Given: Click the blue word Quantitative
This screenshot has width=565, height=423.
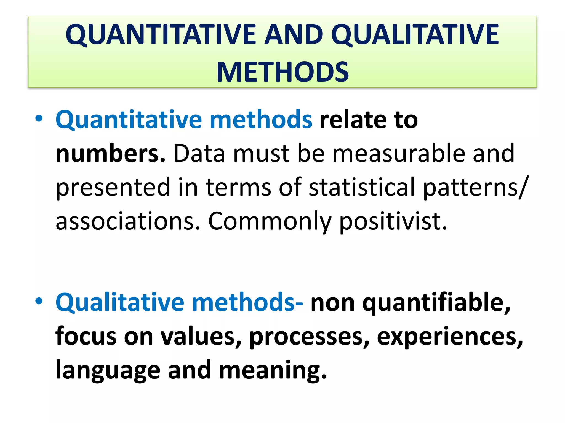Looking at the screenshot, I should tap(129, 120).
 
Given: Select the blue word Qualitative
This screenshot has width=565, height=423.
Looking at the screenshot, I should tap(120, 303).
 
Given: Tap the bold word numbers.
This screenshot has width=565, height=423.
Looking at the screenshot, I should tap(110, 153).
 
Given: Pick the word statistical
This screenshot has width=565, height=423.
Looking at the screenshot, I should tap(362, 187).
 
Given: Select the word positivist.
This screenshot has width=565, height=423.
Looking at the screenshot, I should tap(393, 222).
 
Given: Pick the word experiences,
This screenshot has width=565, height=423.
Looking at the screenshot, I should tap(450, 337).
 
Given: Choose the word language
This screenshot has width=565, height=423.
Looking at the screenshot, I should tap(108, 370).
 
